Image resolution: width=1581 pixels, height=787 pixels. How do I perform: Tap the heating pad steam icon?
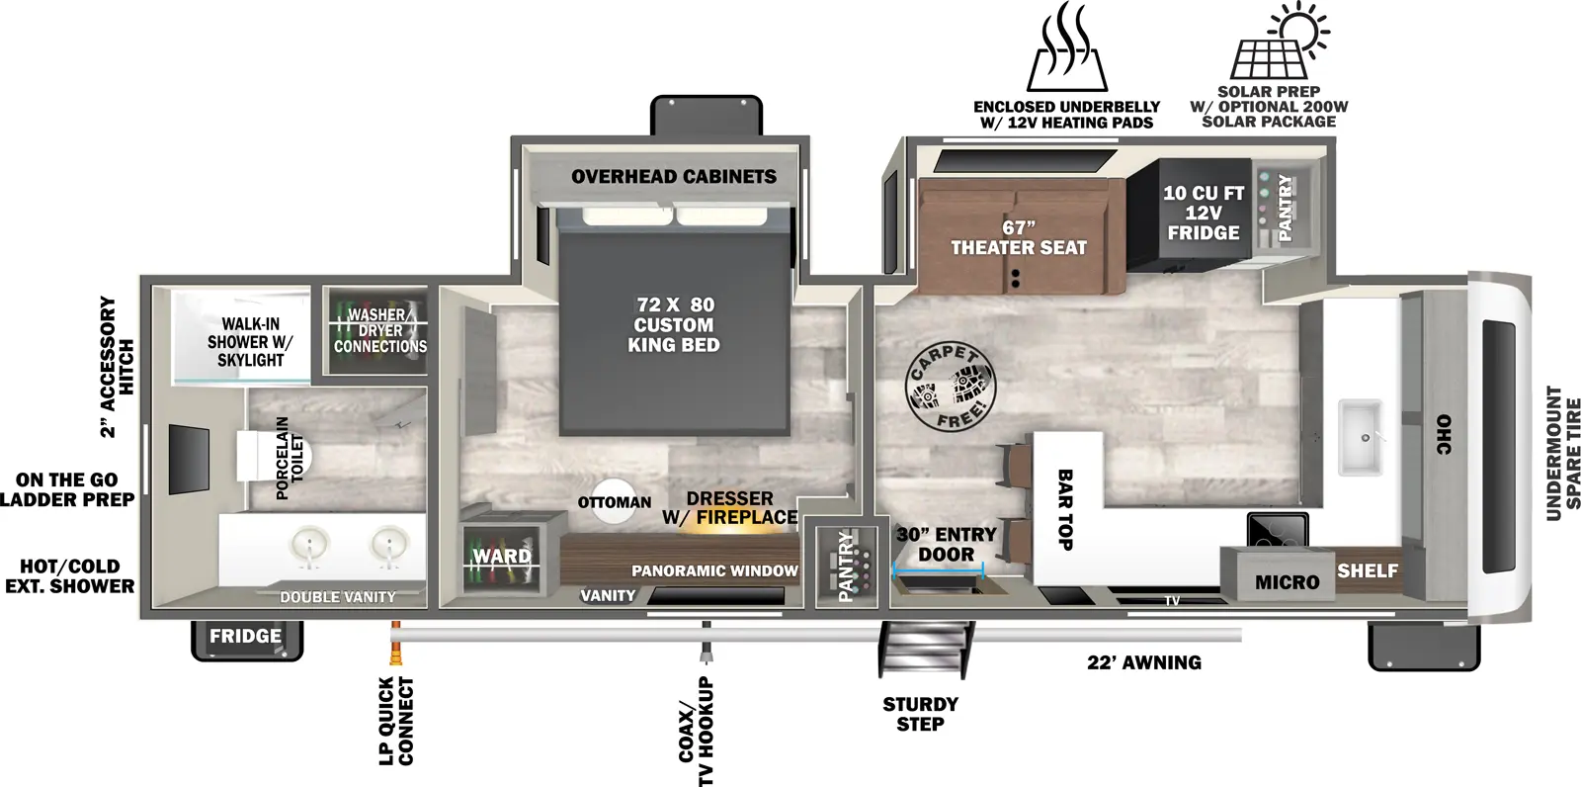[x=1066, y=49]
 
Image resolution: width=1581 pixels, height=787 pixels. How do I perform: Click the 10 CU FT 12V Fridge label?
[x=1203, y=213]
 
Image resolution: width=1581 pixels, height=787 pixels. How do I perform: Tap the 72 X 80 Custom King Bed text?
[x=674, y=324]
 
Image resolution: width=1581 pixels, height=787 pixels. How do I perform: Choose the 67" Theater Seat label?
[x=1018, y=238]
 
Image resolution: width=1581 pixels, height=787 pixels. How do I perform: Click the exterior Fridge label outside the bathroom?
[x=245, y=637]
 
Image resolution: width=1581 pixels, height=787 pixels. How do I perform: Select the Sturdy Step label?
[x=920, y=714]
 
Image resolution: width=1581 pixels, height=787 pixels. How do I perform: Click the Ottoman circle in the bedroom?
[x=615, y=502]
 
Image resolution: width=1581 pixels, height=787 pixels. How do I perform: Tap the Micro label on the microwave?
[x=1287, y=582]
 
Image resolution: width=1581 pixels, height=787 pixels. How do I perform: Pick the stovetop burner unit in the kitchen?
[x=1278, y=530]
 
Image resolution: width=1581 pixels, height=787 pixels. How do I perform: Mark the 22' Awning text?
[x=1144, y=662]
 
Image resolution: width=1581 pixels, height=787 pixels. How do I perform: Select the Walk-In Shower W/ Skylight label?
[x=250, y=341]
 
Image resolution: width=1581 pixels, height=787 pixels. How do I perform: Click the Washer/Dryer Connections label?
[x=379, y=331]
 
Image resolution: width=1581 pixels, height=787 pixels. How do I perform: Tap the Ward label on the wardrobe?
[x=501, y=557]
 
